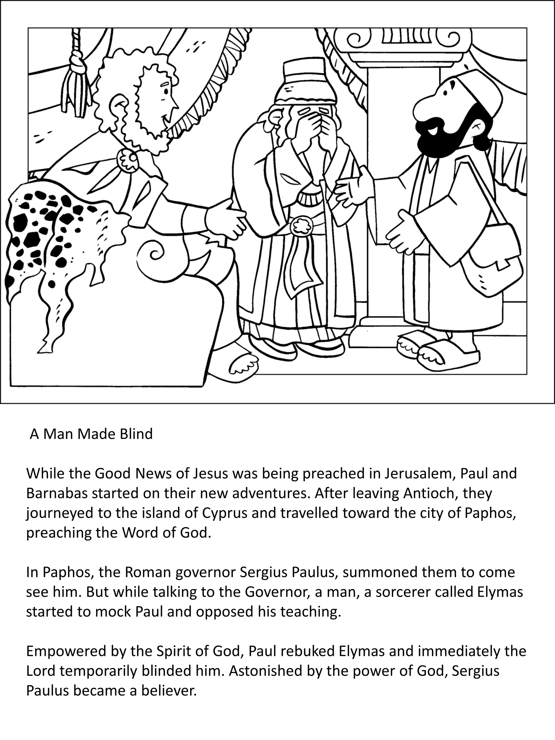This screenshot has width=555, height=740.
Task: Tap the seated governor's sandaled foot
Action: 243,365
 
